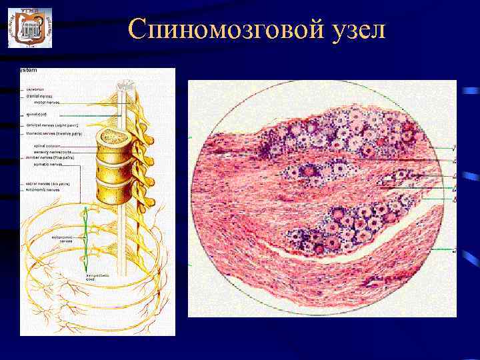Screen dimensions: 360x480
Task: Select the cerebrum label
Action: tap(35, 89)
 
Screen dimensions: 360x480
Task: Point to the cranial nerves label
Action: tap(39, 95)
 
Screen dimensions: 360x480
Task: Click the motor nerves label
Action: tap(47, 102)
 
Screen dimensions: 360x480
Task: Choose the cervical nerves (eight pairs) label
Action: tap(53, 125)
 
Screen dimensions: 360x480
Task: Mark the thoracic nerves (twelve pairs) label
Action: tap(54, 133)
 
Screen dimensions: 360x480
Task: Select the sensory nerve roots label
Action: tap(53, 152)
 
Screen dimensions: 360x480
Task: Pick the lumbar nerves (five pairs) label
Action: tap(53, 157)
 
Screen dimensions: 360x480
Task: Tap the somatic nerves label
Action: tap(47, 163)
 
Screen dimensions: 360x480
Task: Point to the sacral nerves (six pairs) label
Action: tap(51, 183)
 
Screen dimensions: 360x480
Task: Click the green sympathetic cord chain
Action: tap(86, 233)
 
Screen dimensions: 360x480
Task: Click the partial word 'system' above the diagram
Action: tap(28, 71)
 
